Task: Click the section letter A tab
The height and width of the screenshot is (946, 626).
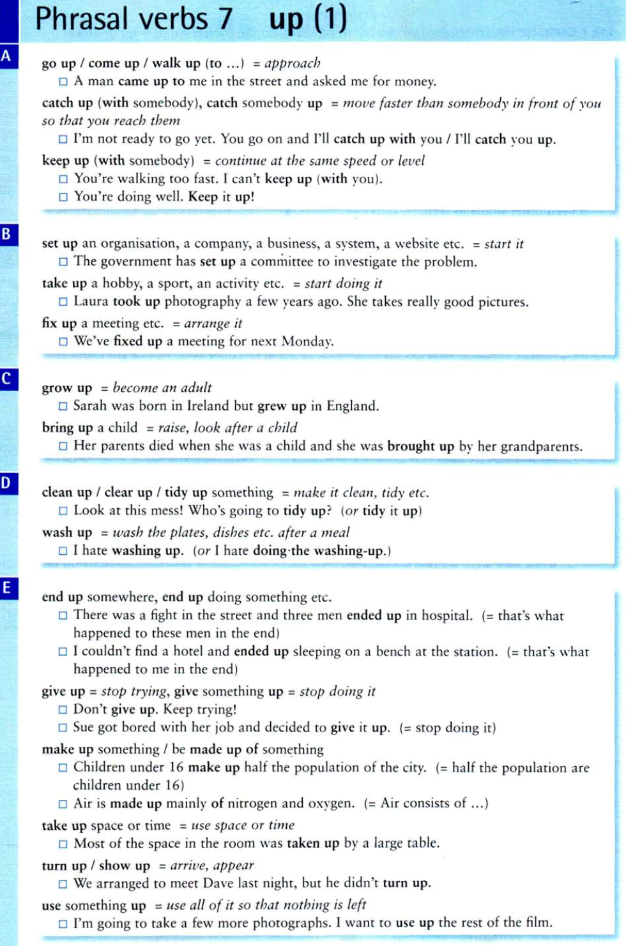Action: [7, 56]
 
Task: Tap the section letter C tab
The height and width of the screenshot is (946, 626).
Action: [7, 379]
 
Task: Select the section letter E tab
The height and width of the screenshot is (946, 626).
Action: [7, 588]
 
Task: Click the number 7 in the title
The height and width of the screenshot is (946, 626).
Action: [225, 19]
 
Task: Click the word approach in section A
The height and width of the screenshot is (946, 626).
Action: [293, 63]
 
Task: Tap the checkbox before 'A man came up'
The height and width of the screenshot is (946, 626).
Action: [63, 82]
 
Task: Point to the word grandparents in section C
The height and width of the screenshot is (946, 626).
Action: [540, 446]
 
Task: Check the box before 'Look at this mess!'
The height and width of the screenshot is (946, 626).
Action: [63, 511]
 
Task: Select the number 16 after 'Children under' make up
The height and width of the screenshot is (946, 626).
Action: [176, 767]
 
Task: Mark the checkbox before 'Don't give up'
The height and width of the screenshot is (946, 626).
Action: [63, 709]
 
